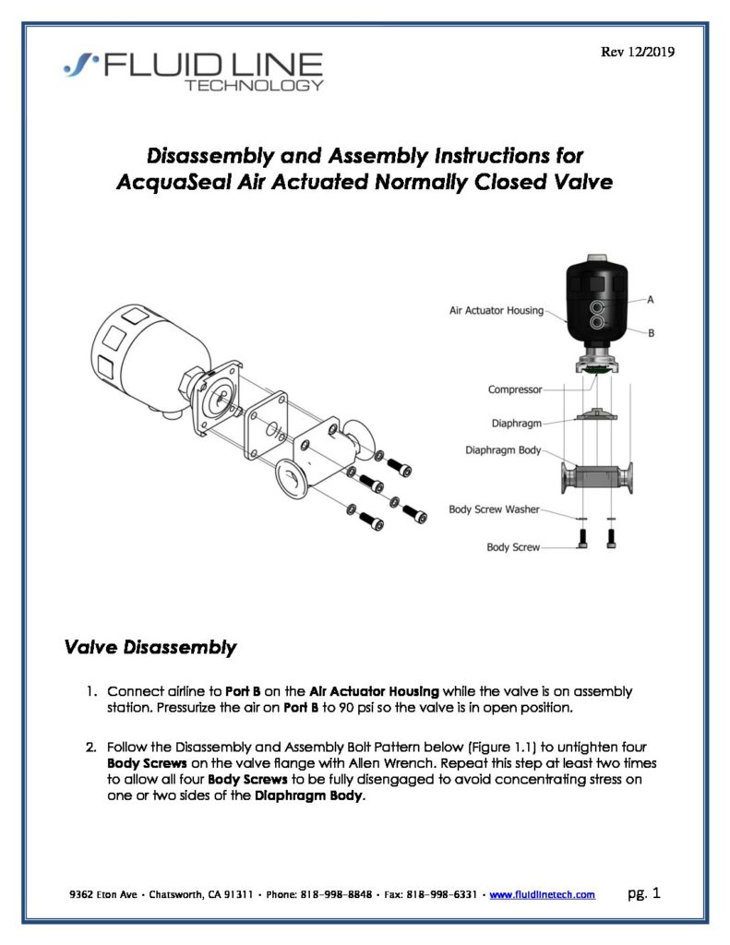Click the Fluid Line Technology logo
[x=194, y=71]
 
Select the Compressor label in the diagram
[x=515, y=389]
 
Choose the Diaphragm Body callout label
[x=503, y=451]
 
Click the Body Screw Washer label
[x=495, y=509]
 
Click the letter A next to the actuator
[x=651, y=300]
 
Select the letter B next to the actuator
[x=651, y=332]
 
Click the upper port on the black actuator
[x=601, y=305]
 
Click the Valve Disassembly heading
[x=150, y=649]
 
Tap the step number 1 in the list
[x=92, y=691]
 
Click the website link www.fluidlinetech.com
[x=542, y=895]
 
